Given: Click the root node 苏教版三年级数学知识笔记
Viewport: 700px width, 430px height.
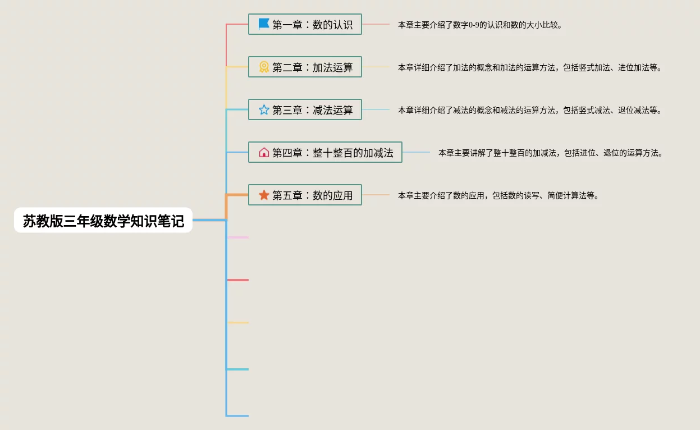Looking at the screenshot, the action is click(x=103, y=221).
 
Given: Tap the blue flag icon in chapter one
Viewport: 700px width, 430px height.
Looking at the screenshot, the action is click(x=264, y=24).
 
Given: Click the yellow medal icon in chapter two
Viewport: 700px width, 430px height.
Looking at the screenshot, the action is click(x=264, y=67).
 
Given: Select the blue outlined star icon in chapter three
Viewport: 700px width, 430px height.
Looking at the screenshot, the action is click(x=264, y=109).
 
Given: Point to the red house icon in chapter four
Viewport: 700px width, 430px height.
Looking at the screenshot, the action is click(x=264, y=152).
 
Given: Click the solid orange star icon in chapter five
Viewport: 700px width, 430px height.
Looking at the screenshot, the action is click(x=264, y=195).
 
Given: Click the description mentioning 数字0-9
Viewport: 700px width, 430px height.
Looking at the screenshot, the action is click(x=480, y=25).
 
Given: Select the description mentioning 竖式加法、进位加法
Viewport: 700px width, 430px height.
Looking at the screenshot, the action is click(x=530, y=68).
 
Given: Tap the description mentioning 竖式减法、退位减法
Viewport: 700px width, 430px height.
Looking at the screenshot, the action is click(x=530, y=111).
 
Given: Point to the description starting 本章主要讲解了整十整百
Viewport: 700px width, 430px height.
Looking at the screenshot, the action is click(x=550, y=153).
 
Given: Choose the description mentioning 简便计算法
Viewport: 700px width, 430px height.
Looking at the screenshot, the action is click(x=498, y=196).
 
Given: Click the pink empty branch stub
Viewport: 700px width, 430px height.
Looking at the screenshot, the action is click(x=238, y=237).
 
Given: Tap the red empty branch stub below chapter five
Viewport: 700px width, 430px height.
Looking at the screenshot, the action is click(x=238, y=280).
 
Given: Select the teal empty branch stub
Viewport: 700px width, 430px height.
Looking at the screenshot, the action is click(x=238, y=369).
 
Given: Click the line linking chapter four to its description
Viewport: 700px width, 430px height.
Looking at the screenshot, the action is click(x=417, y=153).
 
